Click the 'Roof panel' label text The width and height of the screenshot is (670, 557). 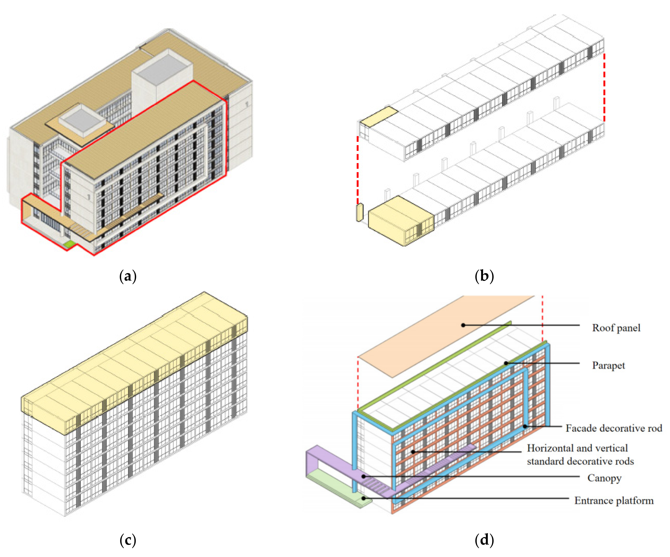coord(616,328)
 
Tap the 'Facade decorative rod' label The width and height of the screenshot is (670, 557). coord(614,428)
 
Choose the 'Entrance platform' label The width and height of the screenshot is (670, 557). coord(614,501)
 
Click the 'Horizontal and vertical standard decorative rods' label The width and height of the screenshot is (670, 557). coord(580,455)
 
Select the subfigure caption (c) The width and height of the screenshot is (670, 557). coord(128,540)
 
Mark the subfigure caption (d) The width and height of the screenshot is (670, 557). coord(484,540)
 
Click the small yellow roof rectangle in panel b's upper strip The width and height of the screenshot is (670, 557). coord(379,117)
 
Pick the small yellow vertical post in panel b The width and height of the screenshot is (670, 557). coord(360,212)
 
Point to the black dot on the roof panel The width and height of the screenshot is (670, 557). coord(463,325)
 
